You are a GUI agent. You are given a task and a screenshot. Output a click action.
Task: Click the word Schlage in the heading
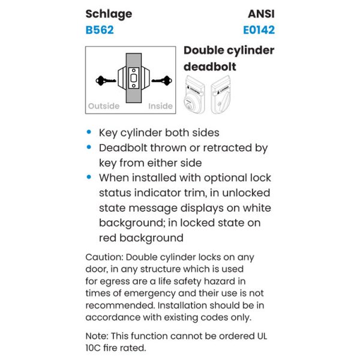(109, 13)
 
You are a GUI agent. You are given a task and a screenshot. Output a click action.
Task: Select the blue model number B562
(100, 29)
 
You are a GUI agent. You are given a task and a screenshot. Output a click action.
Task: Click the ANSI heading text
(260, 13)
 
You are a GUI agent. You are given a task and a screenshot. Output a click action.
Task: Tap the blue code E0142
(259, 29)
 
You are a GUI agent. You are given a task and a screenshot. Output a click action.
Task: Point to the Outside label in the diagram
(104, 106)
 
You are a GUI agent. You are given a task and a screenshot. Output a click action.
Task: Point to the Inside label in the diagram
(160, 106)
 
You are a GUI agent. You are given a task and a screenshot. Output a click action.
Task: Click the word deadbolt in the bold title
(209, 66)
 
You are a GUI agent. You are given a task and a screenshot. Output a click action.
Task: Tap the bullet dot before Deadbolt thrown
(90, 148)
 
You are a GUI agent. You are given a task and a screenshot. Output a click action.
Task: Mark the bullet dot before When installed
(90, 178)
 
